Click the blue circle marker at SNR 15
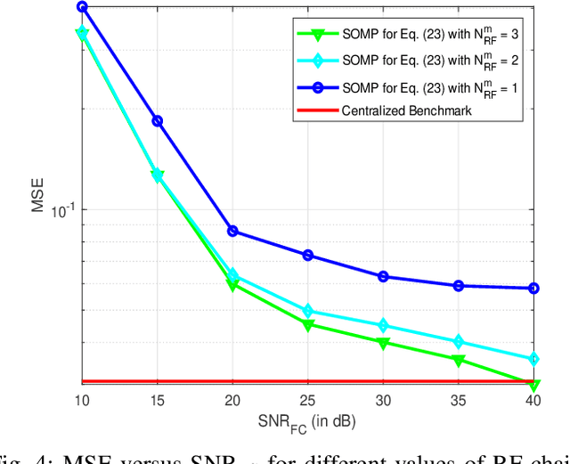click(x=158, y=121)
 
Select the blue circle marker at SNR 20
click(x=232, y=231)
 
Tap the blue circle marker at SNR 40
click(x=534, y=289)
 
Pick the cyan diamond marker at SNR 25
click(x=308, y=312)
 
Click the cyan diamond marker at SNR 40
click(x=534, y=359)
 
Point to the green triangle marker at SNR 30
click(x=383, y=343)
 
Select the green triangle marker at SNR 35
click(x=459, y=361)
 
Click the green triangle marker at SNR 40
click(x=534, y=386)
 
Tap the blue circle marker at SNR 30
click(x=383, y=276)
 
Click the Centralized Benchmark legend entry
click(x=406, y=111)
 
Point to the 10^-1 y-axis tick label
click(x=65, y=211)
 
